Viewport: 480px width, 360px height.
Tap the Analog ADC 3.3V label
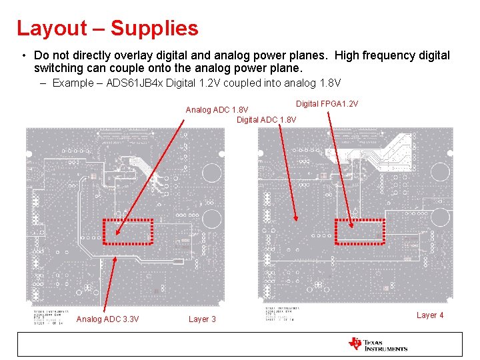tap(108, 319)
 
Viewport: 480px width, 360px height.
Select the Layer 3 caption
tap(202, 319)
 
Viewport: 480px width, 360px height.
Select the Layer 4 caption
tap(430, 315)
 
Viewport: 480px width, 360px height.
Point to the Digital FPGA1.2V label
tap(327, 104)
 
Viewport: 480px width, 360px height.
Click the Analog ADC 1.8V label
tap(217, 110)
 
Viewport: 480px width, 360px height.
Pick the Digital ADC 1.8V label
tap(267, 119)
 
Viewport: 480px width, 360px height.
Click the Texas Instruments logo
tap(377, 344)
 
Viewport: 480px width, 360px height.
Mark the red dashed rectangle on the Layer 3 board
tap(128, 231)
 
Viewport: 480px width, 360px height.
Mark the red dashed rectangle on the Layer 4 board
tap(360, 231)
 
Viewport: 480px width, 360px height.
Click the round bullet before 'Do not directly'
tap(23, 55)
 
